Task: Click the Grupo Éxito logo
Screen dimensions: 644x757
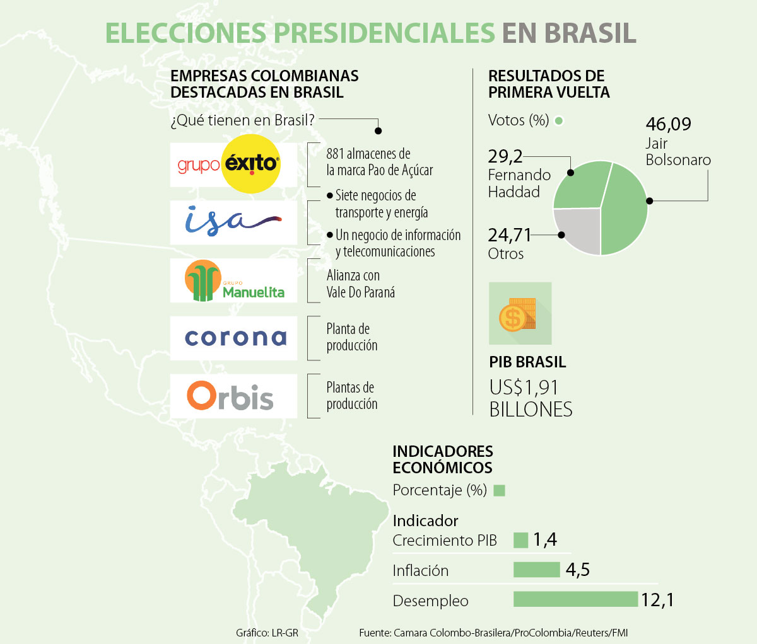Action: (x=233, y=164)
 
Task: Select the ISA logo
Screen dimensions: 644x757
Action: (x=233, y=222)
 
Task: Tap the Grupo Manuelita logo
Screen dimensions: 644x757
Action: (x=233, y=280)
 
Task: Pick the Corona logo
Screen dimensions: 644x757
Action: (x=235, y=338)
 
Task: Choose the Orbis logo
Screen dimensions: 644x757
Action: (x=231, y=396)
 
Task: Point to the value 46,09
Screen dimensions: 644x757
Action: (x=668, y=124)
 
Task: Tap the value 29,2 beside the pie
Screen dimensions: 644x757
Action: (x=505, y=156)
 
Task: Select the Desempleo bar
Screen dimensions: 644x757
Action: (x=575, y=599)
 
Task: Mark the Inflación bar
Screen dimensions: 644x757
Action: (x=536, y=570)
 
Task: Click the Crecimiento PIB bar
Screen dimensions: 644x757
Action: (x=520, y=540)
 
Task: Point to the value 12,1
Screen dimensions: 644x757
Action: (x=657, y=600)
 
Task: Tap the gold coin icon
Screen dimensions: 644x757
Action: (x=512, y=318)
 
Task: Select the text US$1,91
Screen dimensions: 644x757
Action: (x=524, y=388)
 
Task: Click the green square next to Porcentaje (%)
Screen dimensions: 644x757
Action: (x=499, y=490)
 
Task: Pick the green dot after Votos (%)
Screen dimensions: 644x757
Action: (x=558, y=120)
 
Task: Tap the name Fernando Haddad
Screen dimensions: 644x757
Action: (x=519, y=183)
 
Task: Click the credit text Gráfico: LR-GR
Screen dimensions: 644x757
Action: (x=267, y=632)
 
